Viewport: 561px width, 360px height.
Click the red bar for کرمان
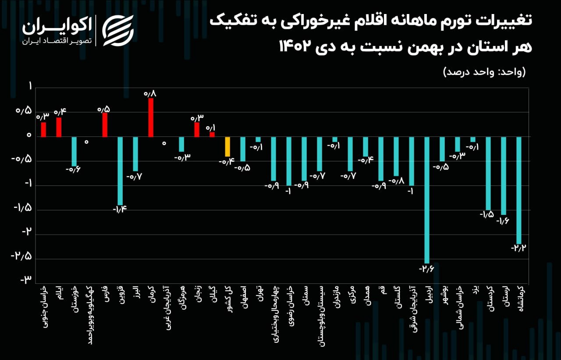tap(151, 117)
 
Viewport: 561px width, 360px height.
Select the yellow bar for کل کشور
tap(227, 146)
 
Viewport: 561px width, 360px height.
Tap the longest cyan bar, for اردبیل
tap(427, 200)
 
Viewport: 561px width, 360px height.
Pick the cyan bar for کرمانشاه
tap(519, 190)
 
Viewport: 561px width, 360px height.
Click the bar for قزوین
tap(120, 171)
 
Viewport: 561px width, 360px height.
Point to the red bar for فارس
tap(105, 125)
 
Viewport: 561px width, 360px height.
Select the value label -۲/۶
tap(426, 268)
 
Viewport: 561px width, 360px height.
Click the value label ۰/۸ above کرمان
tap(150, 93)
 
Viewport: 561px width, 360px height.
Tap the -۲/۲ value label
tap(518, 248)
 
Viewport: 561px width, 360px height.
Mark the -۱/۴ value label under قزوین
tap(120, 209)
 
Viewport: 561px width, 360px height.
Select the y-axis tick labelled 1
tap(30, 87)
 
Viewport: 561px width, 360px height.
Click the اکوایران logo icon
tap(117, 31)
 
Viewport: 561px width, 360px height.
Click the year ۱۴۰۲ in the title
tap(297, 46)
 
